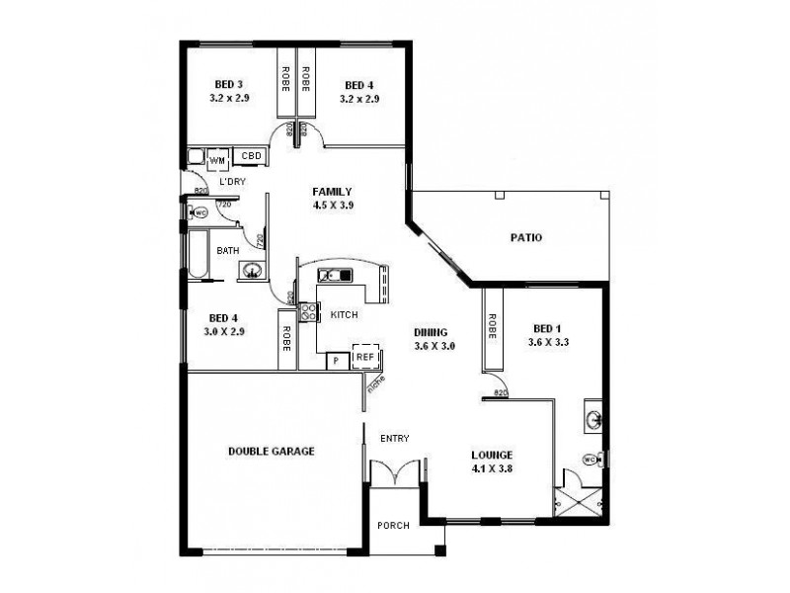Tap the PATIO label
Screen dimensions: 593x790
click(x=525, y=237)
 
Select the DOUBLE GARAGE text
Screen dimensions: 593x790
click(x=272, y=451)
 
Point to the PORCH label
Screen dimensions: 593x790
click(x=391, y=525)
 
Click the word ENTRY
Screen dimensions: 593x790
click(x=393, y=438)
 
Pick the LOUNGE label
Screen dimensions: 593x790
click(x=492, y=456)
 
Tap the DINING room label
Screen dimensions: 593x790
click(x=433, y=332)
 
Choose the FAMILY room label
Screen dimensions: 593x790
click(x=332, y=192)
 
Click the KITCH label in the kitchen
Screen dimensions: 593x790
click(x=344, y=314)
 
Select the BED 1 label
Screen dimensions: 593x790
click(x=547, y=329)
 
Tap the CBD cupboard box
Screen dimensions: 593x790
click(x=251, y=156)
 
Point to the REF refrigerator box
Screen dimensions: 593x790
click(x=364, y=357)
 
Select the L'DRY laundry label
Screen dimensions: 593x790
click(x=233, y=182)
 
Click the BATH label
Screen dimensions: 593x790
click(x=228, y=251)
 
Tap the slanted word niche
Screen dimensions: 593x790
click(x=375, y=381)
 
